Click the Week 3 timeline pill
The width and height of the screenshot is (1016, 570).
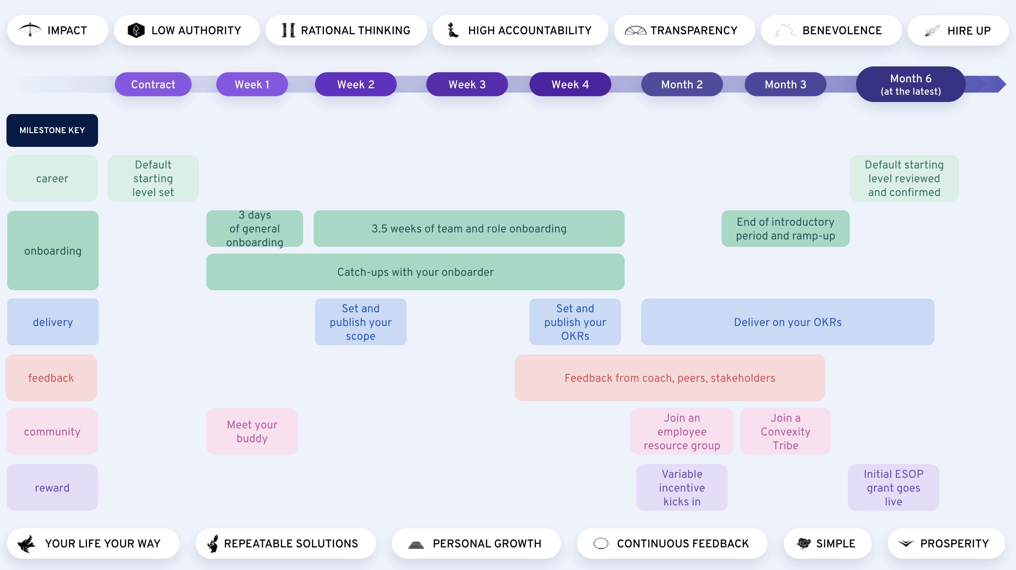click(x=467, y=84)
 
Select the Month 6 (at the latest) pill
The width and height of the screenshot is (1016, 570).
click(x=910, y=84)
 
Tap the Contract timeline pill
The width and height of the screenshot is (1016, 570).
click(x=153, y=84)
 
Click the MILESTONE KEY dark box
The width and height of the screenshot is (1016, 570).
click(x=52, y=130)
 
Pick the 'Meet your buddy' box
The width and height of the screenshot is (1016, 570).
click(x=252, y=431)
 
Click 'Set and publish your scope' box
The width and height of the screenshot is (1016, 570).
click(x=360, y=322)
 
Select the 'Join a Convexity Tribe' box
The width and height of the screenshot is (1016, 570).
click(x=785, y=431)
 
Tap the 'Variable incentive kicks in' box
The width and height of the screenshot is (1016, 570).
click(x=681, y=488)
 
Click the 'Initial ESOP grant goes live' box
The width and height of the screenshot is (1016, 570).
click(x=893, y=488)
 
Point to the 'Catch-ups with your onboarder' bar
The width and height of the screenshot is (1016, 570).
click(x=415, y=272)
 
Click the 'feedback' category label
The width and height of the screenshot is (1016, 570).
click(x=51, y=378)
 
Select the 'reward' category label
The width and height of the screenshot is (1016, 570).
click(x=52, y=488)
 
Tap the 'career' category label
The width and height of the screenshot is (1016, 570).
click(x=52, y=179)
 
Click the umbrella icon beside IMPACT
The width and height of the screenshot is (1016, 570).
click(x=30, y=30)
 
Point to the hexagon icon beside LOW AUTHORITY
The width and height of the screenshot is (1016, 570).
click(x=136, y=30)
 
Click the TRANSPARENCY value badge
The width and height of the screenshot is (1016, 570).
click(x=684, y=30)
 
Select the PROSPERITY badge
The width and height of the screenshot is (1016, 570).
click(x=946, y=544)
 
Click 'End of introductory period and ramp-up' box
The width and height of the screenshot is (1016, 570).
click(x=785, y=228)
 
